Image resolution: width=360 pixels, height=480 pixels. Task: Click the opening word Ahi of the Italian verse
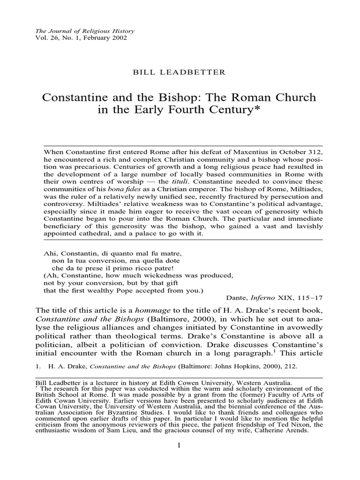tap(49, 253)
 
